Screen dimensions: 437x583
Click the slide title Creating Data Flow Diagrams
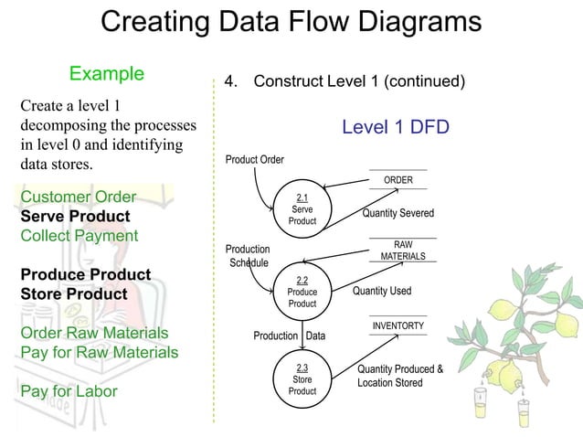[291, 22]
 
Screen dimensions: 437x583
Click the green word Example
[107, 73]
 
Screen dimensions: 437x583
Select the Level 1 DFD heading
[395, 127]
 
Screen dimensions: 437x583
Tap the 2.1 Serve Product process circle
[302, 209]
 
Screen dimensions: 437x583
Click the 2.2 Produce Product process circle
[302, 292]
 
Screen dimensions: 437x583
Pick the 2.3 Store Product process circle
[302, 379]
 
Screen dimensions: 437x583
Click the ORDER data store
[397, 180]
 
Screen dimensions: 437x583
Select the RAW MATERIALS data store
[402, 250]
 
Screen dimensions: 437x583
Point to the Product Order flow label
[254, 160]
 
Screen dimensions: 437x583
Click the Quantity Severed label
[397, 214]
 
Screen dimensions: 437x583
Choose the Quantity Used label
[382, 292]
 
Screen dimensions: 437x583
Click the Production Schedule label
[248, 256]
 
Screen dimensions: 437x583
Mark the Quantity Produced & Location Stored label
[399, 376]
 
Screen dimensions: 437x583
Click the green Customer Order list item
[78, 197]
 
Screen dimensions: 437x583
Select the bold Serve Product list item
[76, 217]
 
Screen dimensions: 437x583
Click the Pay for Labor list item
[69, 392]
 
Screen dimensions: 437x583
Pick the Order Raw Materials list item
[94, 334]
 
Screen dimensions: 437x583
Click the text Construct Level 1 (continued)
[359, 81]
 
